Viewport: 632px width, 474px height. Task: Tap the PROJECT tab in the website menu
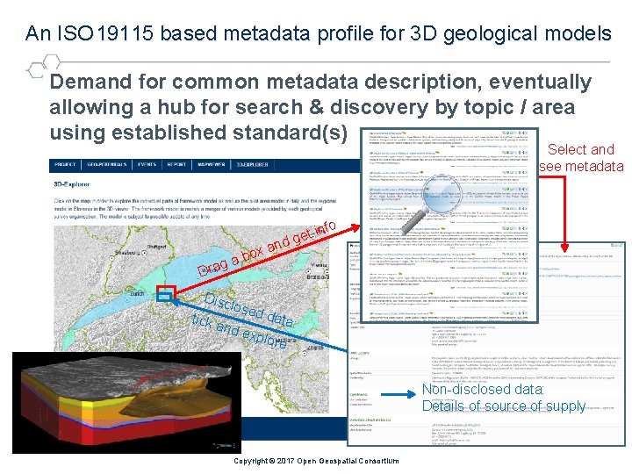65,164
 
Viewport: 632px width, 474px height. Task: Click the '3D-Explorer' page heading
75,185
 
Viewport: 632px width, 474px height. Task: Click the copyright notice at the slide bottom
316,462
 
